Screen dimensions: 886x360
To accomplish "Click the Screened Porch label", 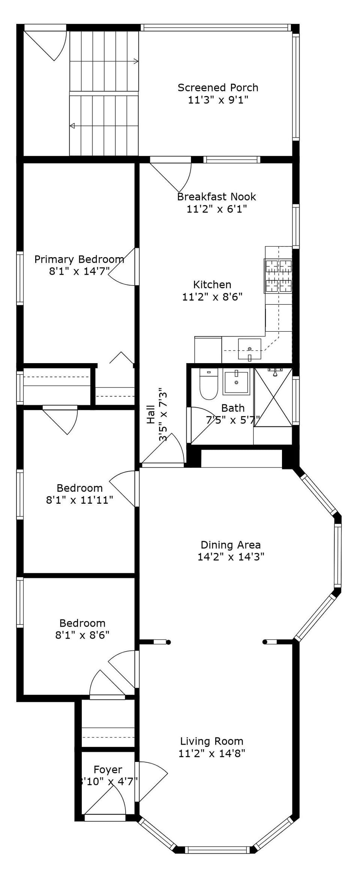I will click(x=218, y=88).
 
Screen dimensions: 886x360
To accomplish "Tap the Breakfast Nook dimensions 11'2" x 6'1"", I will click(x=217, y=209).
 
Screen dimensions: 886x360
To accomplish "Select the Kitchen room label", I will click(x=212, y=284).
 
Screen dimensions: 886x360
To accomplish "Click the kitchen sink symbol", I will click(x=249, y=349).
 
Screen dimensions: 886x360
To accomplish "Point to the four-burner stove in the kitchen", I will click(x=278, y=276).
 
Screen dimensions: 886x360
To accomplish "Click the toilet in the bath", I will click(x=208, y=384).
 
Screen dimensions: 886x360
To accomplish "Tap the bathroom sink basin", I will click(x=236, y=382).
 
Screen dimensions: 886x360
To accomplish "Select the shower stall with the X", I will click(x=273, y=397).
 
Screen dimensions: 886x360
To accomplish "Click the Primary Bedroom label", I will click(x=79, y=259).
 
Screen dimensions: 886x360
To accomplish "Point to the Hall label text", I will click(x=151, y=414).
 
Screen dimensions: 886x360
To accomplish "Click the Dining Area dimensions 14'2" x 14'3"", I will click(x=231, y=557).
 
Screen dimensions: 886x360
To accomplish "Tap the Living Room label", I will click(x=212, y=741).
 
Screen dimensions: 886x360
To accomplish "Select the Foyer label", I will click(x=108, y=769).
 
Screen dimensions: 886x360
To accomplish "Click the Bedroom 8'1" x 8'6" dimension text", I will click(x=82, y=635).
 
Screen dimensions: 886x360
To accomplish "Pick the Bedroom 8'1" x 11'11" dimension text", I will click(x=79, y=500).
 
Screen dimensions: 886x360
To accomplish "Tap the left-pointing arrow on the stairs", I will click(x=72, y=126).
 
